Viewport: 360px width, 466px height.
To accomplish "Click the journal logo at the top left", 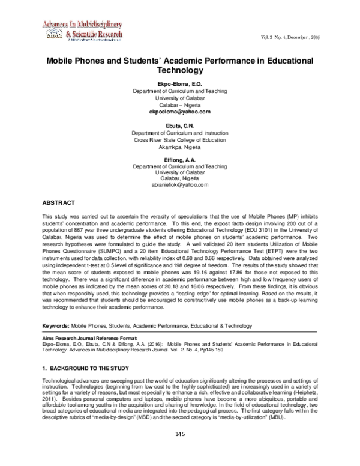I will coord(82,31).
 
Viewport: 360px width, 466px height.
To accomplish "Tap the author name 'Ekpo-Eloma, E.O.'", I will coord(179,83).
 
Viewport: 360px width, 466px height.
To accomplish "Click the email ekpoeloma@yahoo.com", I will coord(179,112).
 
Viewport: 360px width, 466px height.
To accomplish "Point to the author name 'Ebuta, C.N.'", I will coord(179,125).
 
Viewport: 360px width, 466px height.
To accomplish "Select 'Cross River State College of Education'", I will coord(179,139).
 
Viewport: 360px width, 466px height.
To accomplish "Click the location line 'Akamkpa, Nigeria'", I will coord(179,147).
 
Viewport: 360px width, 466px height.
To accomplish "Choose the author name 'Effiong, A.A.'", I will coord(179,159).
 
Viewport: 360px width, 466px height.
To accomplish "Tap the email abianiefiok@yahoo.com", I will coord(179,186).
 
